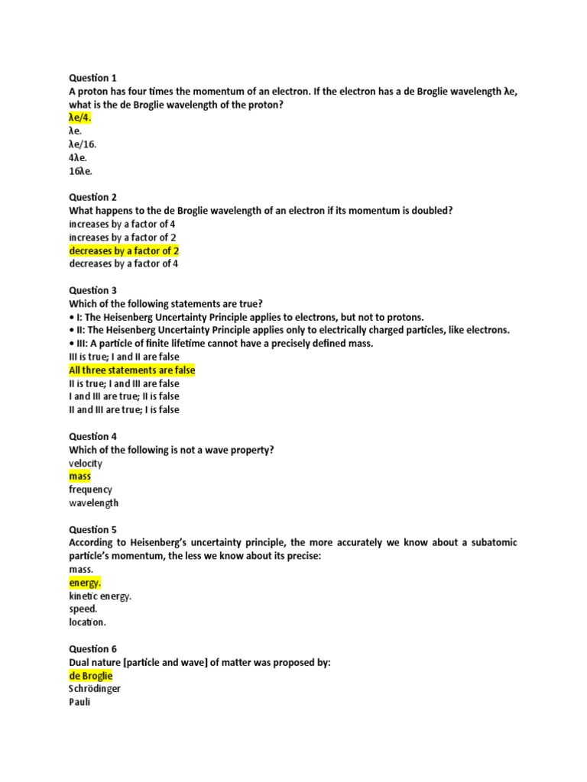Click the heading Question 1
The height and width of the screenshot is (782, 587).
tap(92, 78)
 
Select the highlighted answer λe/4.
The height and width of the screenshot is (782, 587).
tap(80, 118)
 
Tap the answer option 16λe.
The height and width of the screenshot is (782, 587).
tap(80, 170)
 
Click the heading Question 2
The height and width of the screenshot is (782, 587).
tap(92, 197)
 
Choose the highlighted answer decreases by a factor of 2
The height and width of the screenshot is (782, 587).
tap(124, 250)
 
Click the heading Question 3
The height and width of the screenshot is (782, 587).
tap(92, 290)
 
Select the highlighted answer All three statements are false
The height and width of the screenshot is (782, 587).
tap(132, 370)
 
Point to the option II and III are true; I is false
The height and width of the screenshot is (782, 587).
tap(125, 409)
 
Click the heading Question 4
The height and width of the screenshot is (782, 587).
tap(92, 437)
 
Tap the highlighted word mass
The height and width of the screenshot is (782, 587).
tap(79, 477)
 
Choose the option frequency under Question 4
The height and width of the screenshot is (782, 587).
tap(90, 490)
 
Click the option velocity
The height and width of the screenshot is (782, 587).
tap(85, 463)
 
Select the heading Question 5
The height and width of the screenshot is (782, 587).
tap(92, 529)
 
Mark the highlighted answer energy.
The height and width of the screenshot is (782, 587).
tap(85, 583)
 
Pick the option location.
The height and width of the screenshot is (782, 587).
tap(87, 622)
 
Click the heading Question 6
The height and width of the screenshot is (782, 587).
tap(92, 649)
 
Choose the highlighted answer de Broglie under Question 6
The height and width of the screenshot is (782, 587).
tap(90, 676)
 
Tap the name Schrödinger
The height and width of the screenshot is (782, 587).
tap(95, 689)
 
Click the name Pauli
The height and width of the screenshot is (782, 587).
tap(79, 702)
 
